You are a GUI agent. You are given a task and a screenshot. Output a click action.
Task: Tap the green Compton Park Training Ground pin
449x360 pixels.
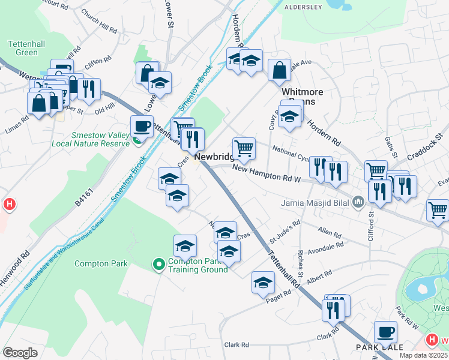coord(158,263)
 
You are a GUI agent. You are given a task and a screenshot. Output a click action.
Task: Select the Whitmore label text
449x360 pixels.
coord(303,92)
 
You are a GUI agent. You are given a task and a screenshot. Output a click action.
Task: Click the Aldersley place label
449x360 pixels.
coord(303,7)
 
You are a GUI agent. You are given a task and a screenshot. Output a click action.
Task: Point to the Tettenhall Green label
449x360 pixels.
coord(23,48)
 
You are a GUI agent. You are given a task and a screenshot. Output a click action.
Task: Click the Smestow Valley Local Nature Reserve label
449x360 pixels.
coord(100,139)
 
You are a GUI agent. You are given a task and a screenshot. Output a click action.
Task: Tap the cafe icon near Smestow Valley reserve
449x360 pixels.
coord(142,126)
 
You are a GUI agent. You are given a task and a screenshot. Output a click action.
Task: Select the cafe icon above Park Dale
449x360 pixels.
coord(385,332)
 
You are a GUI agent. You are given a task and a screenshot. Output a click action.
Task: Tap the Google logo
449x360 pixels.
coord(20,352)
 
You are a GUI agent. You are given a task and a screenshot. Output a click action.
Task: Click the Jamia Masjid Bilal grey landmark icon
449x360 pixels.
coord(359,202)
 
